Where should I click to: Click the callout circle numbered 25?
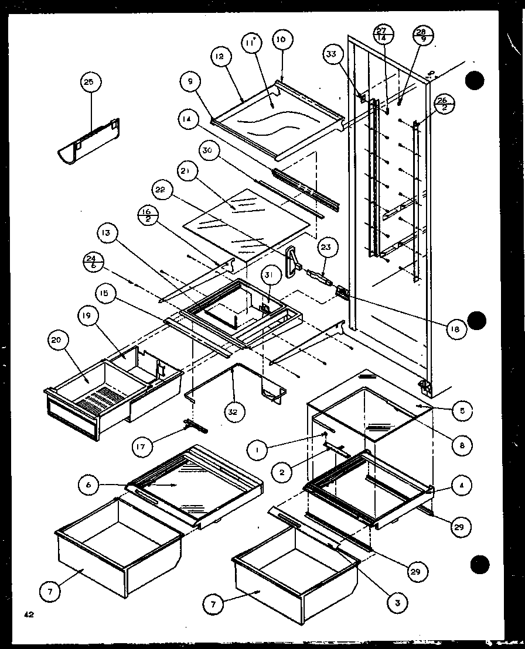[88, 83]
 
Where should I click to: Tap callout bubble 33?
[332, 56]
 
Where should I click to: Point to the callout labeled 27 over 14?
[382, 35]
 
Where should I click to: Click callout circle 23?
[325, 248]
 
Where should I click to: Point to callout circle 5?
[462, 411]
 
